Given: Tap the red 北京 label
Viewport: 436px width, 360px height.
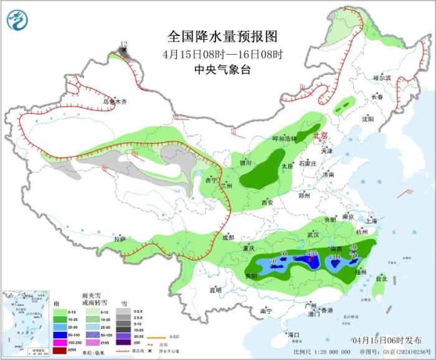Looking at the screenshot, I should point(320,136).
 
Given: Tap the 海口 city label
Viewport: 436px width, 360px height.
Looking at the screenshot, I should point(294,335).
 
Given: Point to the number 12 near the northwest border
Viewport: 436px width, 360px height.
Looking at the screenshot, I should point(123,44).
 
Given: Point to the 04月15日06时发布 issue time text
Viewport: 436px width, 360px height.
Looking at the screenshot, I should point(386,339).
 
